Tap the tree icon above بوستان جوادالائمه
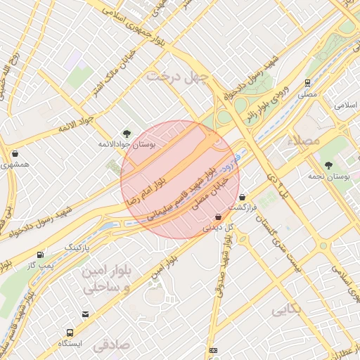coord(127,132)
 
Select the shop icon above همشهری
coord(15,153)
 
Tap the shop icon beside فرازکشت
coord(243,198)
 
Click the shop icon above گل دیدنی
coord(218,217)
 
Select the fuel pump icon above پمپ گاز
coord(39,255)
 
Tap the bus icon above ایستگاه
coord(70,333)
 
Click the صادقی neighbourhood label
coord(112,345)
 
